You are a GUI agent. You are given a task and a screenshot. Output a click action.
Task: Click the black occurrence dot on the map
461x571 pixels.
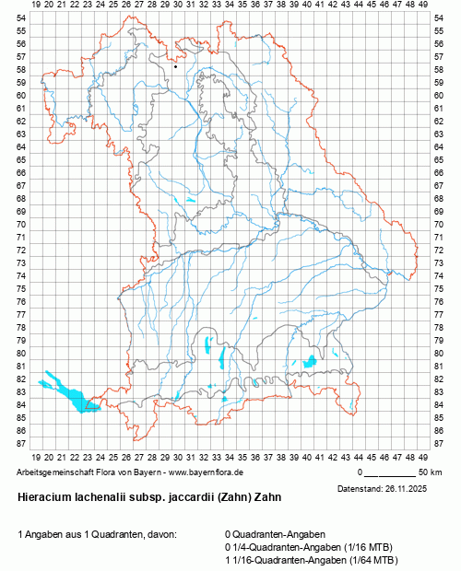point(175,66)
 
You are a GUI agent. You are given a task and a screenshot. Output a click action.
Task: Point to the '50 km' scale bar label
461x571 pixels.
point(430,472)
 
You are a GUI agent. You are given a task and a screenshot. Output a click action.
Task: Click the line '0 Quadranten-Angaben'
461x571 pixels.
point(275,534)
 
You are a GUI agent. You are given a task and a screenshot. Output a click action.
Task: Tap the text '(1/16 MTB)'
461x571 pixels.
point(365,546)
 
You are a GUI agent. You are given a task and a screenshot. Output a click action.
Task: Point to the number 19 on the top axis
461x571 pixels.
point(36,6)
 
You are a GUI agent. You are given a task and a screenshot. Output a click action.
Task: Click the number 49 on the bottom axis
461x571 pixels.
point(421,455)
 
